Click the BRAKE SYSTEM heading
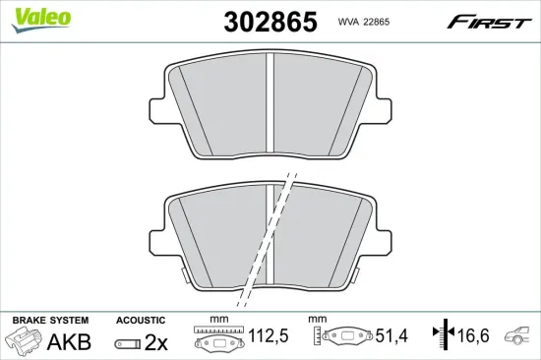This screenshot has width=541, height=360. click(49, 321)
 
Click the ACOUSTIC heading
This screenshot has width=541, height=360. click(140, 321)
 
